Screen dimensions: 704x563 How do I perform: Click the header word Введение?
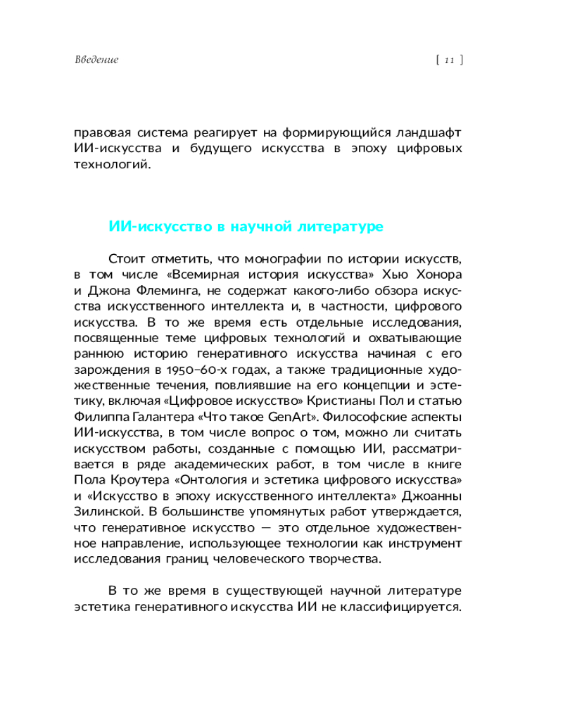[96, 60]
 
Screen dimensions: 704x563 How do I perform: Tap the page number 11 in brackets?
[449, 60]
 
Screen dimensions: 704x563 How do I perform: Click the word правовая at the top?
[103, 132]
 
